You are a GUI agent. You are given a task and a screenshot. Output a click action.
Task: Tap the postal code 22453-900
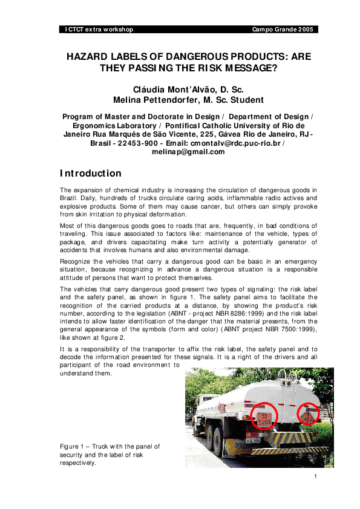click(140, 143)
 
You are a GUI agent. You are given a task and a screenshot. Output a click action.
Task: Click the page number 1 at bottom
click(316, 477)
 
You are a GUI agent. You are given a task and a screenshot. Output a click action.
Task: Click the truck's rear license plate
click(220, 442)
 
